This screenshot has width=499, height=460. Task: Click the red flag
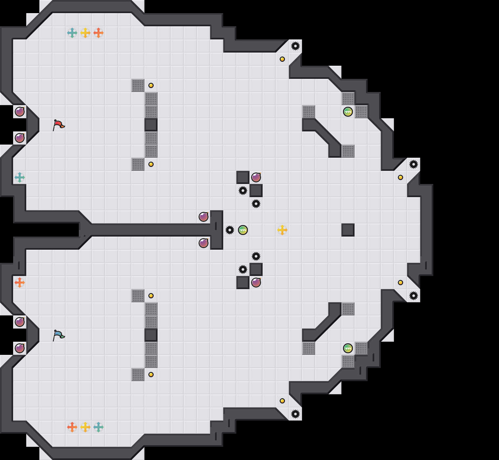click(58, 125)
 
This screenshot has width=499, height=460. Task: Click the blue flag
click(58, 335)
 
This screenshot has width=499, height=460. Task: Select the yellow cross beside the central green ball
click(282, 230)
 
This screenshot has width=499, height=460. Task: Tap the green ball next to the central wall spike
click(243, 230)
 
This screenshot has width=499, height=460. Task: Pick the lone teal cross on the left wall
click(20, 177)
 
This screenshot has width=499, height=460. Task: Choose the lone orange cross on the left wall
click(20, 283)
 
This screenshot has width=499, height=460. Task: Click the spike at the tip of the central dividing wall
click(230, 230)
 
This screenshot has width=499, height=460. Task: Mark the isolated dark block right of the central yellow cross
click(348, 230)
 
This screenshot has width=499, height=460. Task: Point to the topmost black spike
click(295, 46)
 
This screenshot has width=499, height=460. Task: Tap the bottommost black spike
click(295, 414)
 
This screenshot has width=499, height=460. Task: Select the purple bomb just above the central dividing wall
click(204, 217)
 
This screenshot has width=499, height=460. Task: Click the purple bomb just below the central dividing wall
click(204, 243)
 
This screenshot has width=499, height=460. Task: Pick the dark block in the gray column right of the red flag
click(151, 125)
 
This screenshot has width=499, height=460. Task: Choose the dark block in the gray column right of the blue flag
click(151, 335)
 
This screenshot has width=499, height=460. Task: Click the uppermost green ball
click(348, 112)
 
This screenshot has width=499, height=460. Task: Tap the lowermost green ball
click(348, 348)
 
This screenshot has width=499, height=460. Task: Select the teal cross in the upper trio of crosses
click(72, 33)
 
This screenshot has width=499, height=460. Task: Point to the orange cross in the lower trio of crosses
click(72, 427)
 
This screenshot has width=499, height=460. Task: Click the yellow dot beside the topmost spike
click(282, 59)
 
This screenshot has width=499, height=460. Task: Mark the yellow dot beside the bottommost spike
click(282, 401)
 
